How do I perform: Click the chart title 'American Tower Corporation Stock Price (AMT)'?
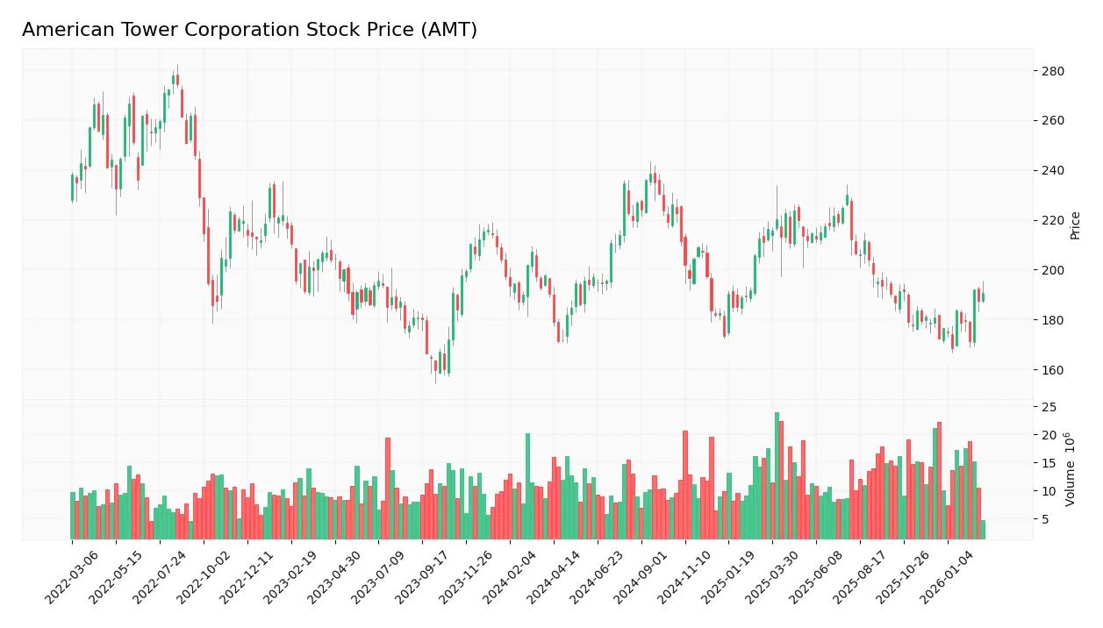point(249,30)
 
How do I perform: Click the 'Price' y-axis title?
point(1075,225)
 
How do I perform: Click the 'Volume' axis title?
point(1071,469)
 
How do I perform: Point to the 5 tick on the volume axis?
point(1044,519)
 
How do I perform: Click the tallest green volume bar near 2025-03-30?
point(777,475)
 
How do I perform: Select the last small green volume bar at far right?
point(983,530)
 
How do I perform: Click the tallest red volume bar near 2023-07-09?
point(387,488)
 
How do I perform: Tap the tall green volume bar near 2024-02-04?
point(527,486)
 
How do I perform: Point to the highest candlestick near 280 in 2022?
point(175,79)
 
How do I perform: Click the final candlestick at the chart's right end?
point(983,297)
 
